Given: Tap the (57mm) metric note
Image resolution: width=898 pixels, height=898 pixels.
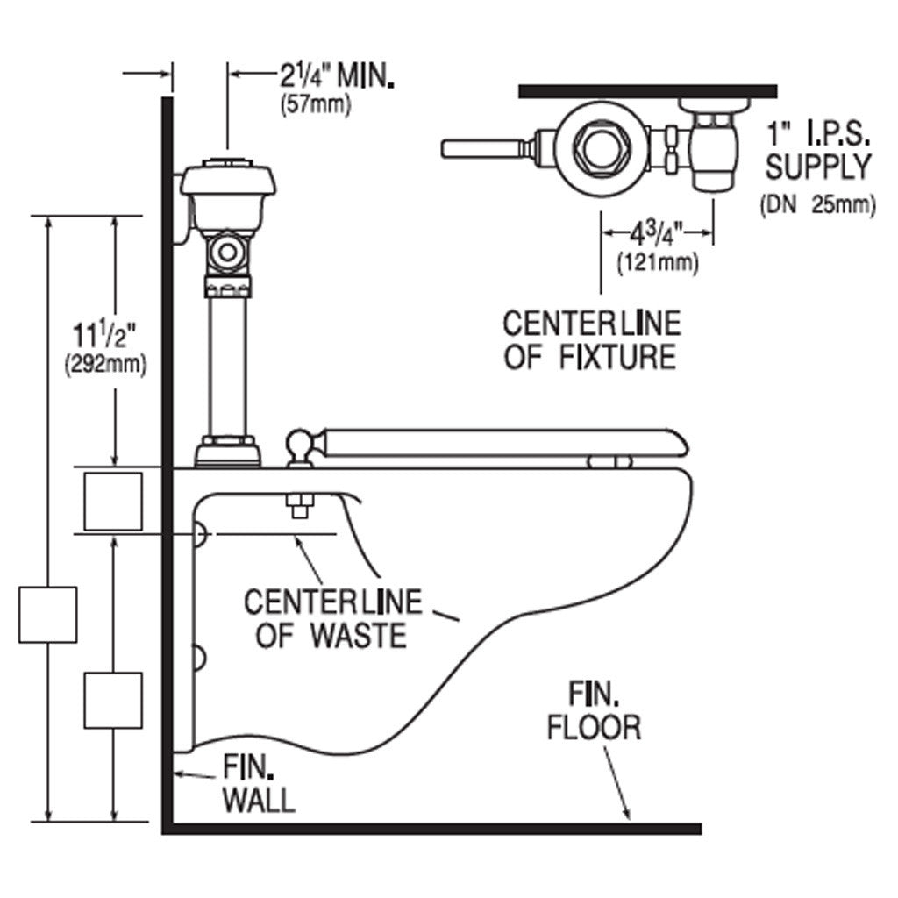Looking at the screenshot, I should pyautogui.click(x=315, y=105).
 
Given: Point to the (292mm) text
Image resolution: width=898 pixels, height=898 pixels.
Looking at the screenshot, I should pyautogui.click(x=104, y=364).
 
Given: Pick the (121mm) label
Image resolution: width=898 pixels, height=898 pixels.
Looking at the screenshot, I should pyautogui.click(x=658, y=261).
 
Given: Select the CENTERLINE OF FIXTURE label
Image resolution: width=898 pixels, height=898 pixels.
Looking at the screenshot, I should pyautogui.click(x=591, y=339).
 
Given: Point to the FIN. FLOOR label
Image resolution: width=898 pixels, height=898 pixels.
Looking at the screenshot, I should pyautogui.click(x=594, y=712).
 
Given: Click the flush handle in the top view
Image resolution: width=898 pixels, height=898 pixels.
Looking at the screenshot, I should pyautogui.click(x=481, y=148).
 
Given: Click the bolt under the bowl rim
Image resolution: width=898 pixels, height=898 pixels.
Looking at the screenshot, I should pyautogui.click(x=301, y=507).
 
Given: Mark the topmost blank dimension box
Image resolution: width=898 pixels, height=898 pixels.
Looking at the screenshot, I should pyautogui.click(x=112, y=501).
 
